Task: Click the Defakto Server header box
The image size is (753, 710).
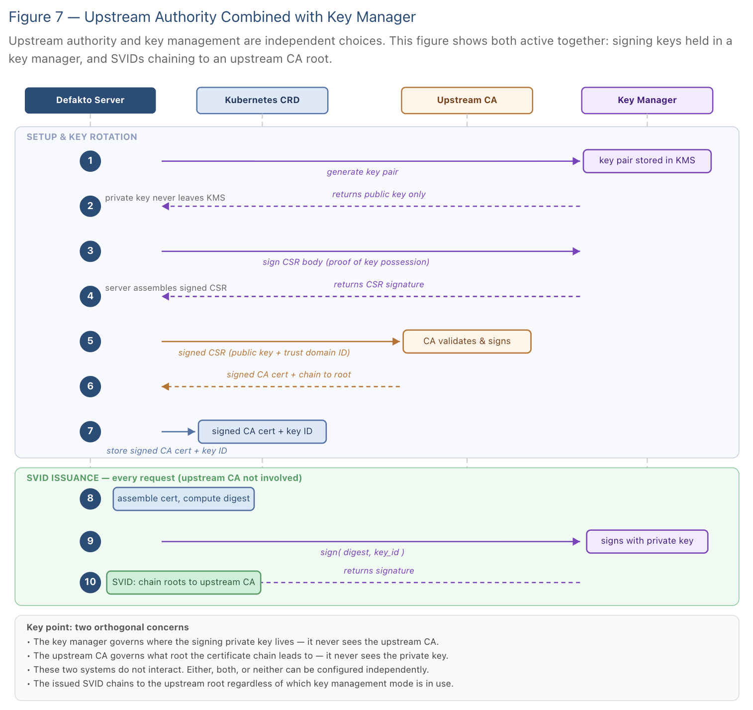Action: [x=90, y=100]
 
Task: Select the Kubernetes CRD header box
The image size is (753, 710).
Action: [x=262, y=100]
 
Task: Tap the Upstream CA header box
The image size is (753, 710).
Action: [x=467, y=100]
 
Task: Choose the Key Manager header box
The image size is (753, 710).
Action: [x=647, y=100]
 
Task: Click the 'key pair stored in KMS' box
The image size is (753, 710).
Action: [x=647, y=161]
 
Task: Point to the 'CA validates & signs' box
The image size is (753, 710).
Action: [x=467, y=342]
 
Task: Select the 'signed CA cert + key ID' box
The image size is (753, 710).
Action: [x=262, y=432]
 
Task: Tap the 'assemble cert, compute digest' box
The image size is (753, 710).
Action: [x=184, y=499]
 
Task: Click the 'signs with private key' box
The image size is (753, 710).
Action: [x=647, y=541]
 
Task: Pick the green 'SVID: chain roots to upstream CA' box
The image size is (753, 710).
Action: [x=184, y=583]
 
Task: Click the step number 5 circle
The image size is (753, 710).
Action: [x=90, y=342]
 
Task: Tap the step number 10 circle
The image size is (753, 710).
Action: [x=90, y=582]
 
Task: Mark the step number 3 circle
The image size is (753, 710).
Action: [x=90, y=251]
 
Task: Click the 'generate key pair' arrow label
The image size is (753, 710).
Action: [x=362, y=172]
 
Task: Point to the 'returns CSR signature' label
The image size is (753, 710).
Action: [x=378, y=285]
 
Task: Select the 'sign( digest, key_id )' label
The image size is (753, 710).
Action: [x=362, y=553]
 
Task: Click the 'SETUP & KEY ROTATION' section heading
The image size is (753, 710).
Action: [x=82, y=137]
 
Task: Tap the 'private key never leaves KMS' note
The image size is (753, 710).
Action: [x=165, y=198]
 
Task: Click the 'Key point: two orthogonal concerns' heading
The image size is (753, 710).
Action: [x=107, y=627]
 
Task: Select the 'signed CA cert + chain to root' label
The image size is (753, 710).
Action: [x=288, y=375]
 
